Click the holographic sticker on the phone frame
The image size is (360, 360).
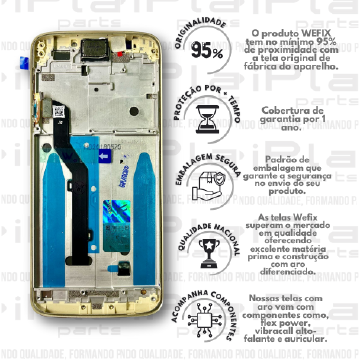[x=117, y=213]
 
